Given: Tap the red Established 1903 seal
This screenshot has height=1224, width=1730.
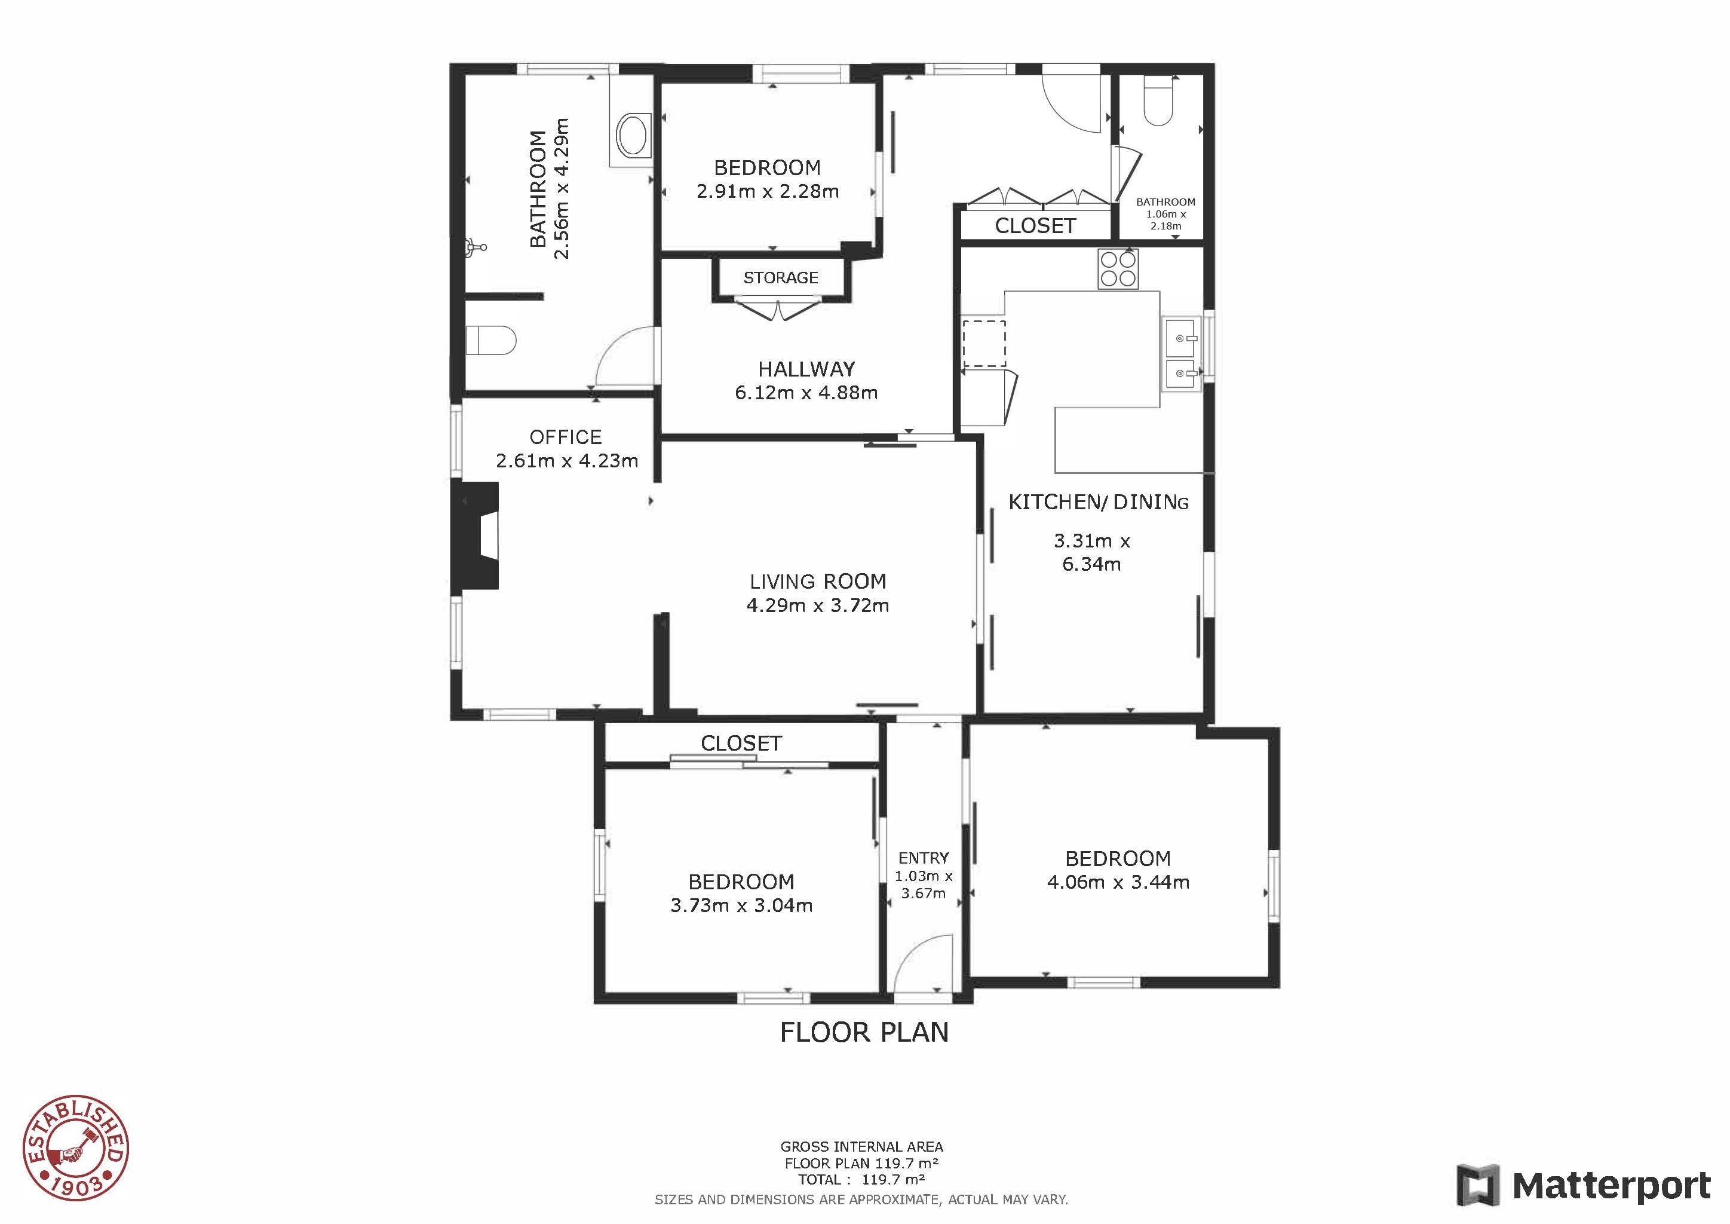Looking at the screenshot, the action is pos(75,1147).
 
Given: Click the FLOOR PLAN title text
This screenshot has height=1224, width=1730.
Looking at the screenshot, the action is pos(864,1032).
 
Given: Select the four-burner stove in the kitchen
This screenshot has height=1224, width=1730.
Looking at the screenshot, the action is pos(1118,269).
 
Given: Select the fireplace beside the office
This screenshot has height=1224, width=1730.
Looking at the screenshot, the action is pos(476,536).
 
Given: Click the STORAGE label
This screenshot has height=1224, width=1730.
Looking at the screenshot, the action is pos(781,277).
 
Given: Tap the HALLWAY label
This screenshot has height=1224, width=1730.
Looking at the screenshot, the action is pos(806,369).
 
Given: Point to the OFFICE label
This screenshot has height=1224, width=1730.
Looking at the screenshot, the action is pos(566,437).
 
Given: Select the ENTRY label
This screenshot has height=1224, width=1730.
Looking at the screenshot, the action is pos(924,858).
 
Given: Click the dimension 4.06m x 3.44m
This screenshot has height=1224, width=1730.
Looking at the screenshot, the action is pos(1118,882).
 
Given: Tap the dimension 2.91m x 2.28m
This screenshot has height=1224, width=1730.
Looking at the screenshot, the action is pos(768,191).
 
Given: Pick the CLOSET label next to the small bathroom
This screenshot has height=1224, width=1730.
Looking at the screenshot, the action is pos(1035,225).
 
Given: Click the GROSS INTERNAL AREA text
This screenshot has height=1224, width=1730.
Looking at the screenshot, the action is pos(862,1147).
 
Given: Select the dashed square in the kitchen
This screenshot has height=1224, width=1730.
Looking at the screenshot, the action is pos(983,343).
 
